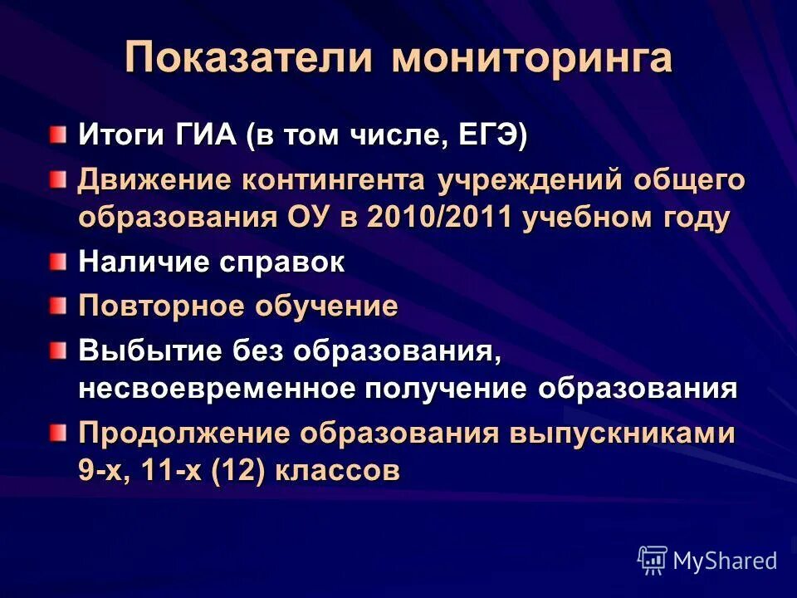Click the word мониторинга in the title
tap(531, 60)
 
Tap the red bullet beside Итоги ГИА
tap(56, 135)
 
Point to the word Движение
tap(154, 179)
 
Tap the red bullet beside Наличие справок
tap(56, 262)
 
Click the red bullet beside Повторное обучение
tap(56, 306)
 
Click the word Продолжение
tap(183, 434)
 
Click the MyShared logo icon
tap(653, 560)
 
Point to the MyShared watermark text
tap(724, 561)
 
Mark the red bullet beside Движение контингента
tap(56, 179)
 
